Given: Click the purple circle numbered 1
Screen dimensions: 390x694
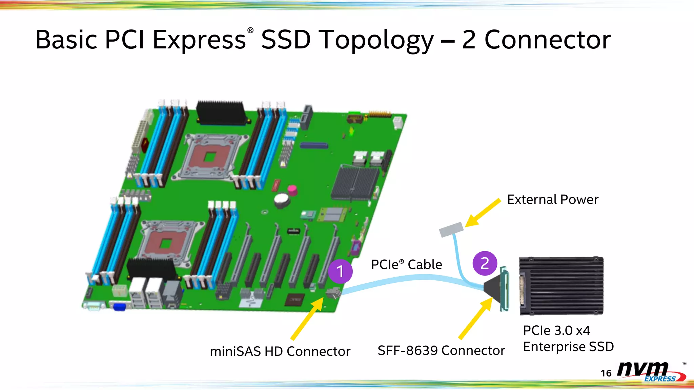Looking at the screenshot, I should click(x=340, y=271).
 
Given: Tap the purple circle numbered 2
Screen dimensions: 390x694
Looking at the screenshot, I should click(x=485, y=263).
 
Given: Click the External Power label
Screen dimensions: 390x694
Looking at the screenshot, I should click(x=553, y=200).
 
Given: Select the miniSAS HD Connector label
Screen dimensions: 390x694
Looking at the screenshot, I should click(x=280, y=351).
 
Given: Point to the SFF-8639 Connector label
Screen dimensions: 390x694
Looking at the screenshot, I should click(x=441, y=350).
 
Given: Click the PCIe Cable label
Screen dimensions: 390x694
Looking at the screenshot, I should click(x=406, y=264).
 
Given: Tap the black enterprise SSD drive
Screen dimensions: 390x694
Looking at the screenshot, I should click(x=562, y=286).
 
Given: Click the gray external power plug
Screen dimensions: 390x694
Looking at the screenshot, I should click(x=451, y=229).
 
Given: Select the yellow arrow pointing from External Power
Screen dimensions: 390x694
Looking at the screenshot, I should click(x=482, y=213).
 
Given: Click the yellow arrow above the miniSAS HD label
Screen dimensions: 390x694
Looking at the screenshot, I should click(x=307, y=318).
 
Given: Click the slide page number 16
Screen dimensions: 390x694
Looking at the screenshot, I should click(x=606, y=373).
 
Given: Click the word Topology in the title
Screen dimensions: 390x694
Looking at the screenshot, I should click(x=376, y=40).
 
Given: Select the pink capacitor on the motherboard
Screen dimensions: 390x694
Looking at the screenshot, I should click(x=292, y=190).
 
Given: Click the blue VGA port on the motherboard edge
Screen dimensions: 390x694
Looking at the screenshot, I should click(x=120, y=307).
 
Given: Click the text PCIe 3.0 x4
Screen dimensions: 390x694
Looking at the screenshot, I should click(x=556, y=330).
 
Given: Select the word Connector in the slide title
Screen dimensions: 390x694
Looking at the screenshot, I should click(x=548, y=40).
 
